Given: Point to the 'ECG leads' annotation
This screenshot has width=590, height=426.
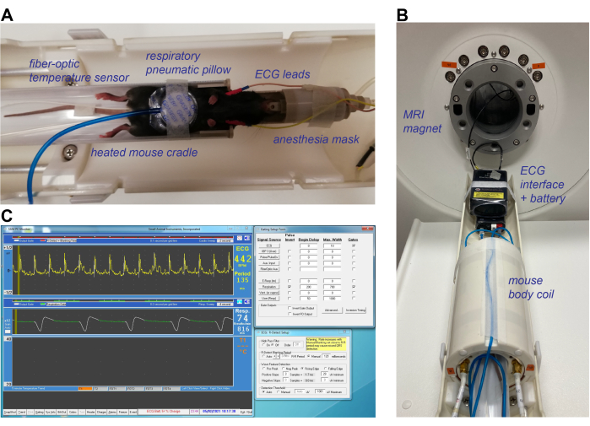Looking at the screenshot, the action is tap(284, 74).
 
